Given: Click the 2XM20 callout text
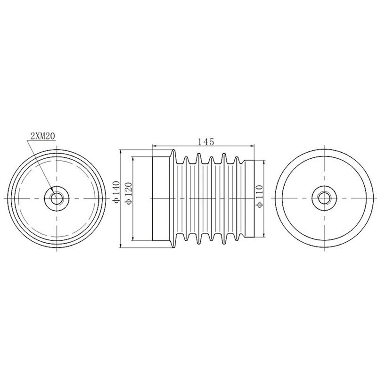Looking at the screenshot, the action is click(x=42, y=136).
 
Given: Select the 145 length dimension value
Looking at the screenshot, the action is click(x=205, y=142).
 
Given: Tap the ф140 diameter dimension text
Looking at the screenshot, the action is click(x=116, y=192).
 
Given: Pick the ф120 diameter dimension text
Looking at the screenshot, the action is click(x=129, y=193).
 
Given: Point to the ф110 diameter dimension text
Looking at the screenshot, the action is click(x=260, y=196).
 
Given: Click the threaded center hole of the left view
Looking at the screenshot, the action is click(x=57, y=198).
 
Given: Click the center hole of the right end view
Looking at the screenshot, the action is click(x=324, y=198).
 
